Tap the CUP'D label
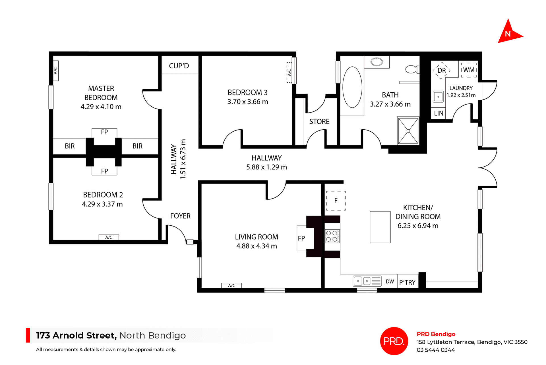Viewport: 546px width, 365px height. point(179,66)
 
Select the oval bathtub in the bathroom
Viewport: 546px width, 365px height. point(352,87)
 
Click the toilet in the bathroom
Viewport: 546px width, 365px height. point(411,69)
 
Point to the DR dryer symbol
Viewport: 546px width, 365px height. point(441,70)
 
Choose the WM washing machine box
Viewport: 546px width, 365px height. point(469,70)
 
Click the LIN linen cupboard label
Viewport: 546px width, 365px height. point(439,113)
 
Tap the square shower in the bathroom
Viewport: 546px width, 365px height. point(408,131)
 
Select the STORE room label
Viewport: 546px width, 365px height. point(319,122)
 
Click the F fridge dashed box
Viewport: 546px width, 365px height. point(336,201)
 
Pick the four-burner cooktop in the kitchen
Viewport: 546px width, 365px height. point(332,236)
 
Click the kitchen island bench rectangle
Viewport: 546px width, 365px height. point(380,227)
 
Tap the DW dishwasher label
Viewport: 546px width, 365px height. point(390,282)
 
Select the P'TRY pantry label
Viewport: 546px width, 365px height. point(407,282)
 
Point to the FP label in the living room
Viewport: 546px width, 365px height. point(301,238)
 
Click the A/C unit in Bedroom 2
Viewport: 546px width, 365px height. point(109,237)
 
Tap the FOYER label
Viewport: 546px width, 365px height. point(180,216)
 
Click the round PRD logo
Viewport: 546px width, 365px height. point(394,341)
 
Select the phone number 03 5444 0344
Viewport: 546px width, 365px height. point(436,350)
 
